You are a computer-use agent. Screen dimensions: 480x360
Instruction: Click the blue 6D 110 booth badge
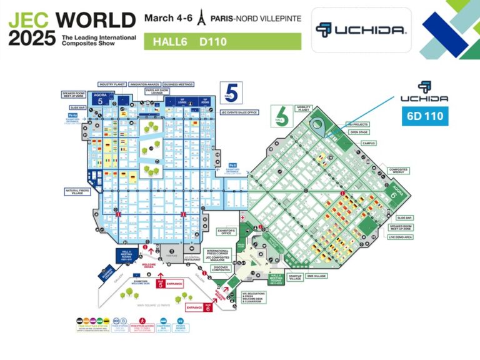425,117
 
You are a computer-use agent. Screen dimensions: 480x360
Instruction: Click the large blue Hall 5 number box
229,92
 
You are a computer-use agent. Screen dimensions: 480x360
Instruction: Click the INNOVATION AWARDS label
145,84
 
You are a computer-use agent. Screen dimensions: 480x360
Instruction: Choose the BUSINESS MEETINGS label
177,84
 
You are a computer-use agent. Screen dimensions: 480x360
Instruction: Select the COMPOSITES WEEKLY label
400,171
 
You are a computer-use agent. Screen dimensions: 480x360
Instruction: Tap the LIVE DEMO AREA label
401,237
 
